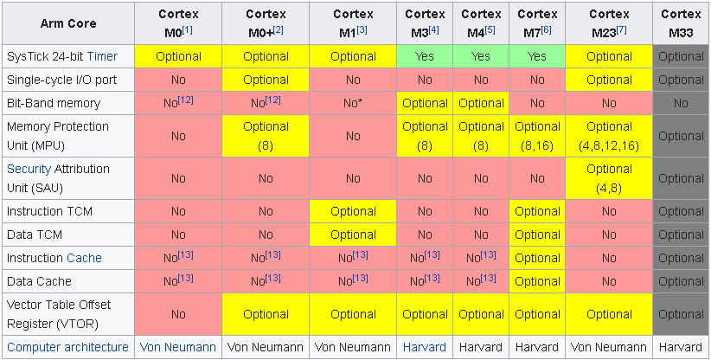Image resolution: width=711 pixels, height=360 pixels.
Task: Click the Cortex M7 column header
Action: click(537, 22)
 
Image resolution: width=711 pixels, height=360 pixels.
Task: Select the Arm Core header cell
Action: click(68, 23)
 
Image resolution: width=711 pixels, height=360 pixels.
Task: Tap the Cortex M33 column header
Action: click(681, 22)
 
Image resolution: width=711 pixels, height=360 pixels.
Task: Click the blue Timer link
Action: click(102, 56)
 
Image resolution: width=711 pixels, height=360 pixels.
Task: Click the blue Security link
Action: click(29, 169)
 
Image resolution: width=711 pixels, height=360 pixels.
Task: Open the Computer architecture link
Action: click(68, 347)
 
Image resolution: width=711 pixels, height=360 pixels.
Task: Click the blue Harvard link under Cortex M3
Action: click(425, 347)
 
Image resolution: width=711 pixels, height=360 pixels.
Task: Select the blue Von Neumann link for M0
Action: click(178, 347)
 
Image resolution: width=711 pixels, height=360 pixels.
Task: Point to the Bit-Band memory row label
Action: click(54, 103)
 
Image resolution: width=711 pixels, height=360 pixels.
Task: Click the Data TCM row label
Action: click(35, 235)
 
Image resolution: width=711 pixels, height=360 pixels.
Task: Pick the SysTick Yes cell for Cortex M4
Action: click(481, 56)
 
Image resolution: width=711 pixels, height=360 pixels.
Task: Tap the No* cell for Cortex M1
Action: click(353, 103)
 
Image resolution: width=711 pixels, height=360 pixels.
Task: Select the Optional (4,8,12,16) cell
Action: click(609, 136)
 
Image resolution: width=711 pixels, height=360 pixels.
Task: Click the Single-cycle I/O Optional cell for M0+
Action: click(266, 80)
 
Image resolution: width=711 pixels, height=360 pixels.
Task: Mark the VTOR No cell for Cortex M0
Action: click(178, 314)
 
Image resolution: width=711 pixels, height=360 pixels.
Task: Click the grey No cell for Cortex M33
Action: click(681, 103)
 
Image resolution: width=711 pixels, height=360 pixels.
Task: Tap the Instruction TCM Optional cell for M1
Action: click(353, 211)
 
